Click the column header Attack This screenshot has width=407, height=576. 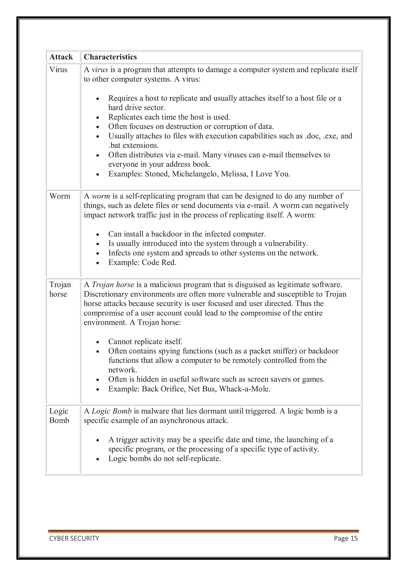61,57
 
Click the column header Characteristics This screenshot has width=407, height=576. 110,57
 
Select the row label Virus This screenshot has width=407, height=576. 58,70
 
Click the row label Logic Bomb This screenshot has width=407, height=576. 59,416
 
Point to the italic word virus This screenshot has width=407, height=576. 100,70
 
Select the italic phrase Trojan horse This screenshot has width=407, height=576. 113,285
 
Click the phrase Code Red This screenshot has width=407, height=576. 159,262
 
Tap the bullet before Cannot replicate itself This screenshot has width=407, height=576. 98,342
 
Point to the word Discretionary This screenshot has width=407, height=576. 106,294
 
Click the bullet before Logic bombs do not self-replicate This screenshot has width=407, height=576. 98,459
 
